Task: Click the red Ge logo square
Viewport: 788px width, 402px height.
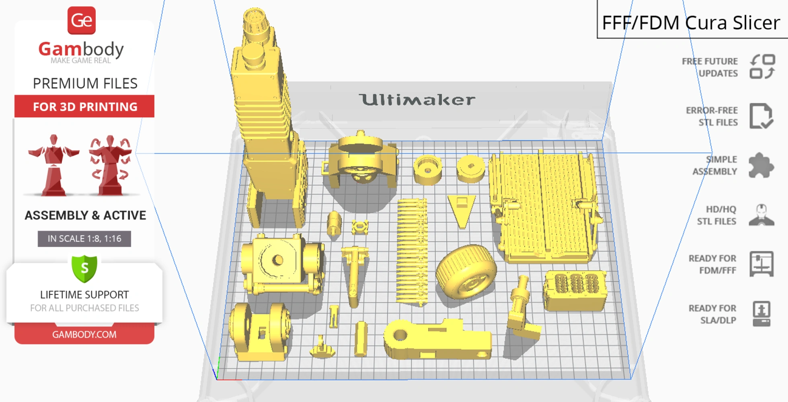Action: [82, 21]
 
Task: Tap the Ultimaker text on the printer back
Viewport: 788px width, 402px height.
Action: [417, 100]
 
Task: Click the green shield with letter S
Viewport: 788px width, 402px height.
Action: [84, 269]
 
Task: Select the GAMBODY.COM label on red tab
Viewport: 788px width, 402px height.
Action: [84, 334]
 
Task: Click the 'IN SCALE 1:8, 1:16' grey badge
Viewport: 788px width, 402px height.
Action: [84, 239]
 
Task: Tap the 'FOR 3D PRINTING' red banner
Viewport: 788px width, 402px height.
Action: [84, 107]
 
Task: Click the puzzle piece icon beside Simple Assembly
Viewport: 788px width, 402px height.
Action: [761, 165]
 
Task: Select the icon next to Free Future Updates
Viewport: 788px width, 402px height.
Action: [762, 67]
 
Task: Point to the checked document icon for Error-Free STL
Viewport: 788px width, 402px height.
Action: [761, 116]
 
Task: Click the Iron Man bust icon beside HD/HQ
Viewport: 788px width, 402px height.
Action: [761, 215]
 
